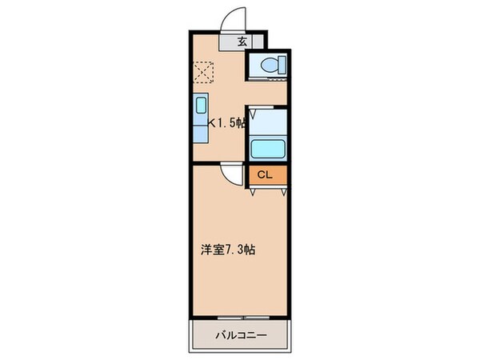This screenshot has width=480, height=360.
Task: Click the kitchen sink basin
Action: (200, 106)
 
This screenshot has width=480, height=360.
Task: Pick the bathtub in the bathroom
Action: (268, 149)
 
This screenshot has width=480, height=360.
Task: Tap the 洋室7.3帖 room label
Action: (228, 249)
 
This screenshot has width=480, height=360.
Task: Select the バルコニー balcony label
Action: (240, 334)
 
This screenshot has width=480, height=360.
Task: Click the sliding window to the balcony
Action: (240, 317)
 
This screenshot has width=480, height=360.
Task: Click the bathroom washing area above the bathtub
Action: (268, 121)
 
